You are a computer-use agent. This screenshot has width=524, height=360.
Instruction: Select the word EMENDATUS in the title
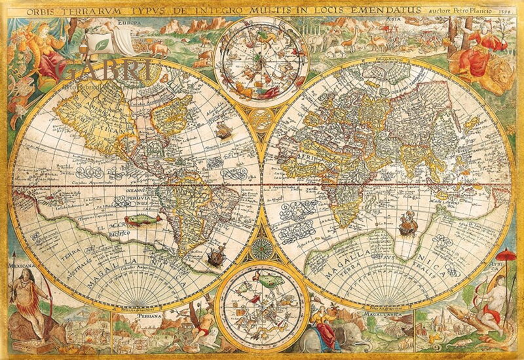click(388, 9)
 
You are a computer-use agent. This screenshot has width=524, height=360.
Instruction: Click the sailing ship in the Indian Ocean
click(407, 224)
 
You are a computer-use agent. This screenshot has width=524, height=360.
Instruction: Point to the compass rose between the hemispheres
click(261, 247)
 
